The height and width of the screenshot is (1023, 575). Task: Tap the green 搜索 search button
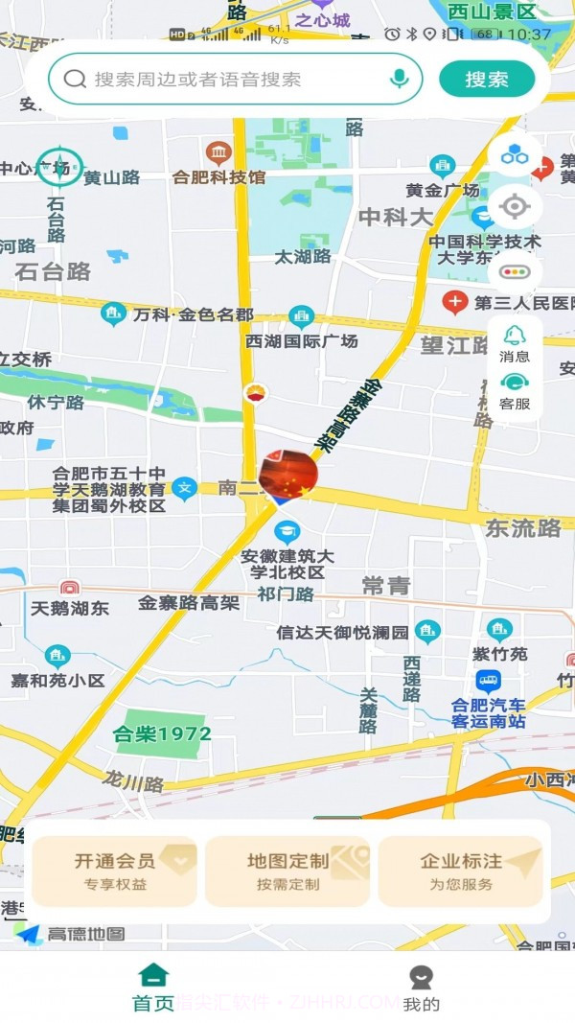487,79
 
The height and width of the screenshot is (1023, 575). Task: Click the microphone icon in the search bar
400,79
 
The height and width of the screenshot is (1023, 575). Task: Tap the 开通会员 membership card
114,871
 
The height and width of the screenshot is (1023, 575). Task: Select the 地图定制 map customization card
287,871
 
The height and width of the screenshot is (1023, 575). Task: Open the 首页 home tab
153,988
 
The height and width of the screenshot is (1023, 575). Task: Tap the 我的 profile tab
421,988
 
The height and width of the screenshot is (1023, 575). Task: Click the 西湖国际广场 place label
301,340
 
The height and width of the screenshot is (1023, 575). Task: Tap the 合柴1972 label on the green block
162,734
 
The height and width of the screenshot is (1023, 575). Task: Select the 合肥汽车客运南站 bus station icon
488,682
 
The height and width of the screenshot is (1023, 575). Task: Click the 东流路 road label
522,527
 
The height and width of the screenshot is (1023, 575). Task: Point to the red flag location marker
287,477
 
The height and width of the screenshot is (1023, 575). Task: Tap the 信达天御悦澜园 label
342,633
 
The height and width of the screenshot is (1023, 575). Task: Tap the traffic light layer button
515,271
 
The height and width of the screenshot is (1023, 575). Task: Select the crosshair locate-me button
515,206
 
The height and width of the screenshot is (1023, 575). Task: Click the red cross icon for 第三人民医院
454,303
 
